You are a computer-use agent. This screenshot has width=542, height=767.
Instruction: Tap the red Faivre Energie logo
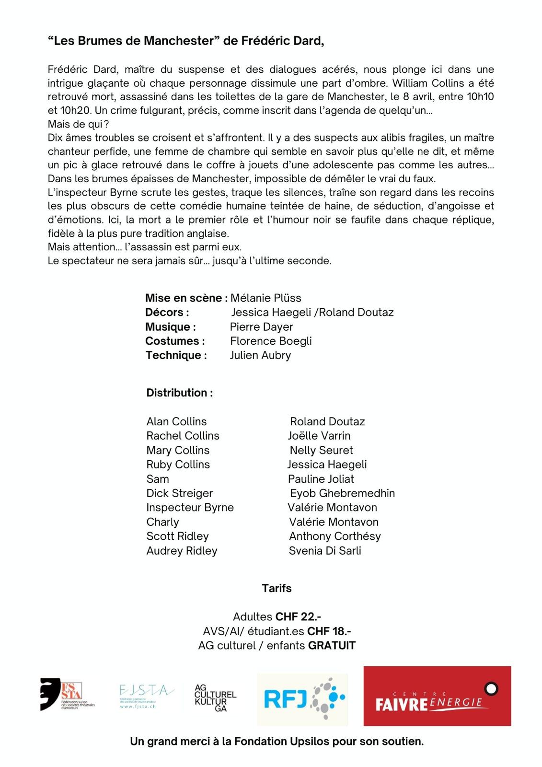[437, 696]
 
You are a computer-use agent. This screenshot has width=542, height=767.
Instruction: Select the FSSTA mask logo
[67, 694]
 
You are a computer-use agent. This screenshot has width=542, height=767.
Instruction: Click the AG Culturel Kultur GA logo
[215, 697]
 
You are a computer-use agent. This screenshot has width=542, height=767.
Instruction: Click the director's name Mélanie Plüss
[266, 298]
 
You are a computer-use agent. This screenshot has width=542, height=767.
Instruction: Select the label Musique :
[171, 327]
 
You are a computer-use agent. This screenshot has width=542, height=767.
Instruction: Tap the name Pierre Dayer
[261, 327]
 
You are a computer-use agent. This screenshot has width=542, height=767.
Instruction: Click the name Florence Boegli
[271, 341]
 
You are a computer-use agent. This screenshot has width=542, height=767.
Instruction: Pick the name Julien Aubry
[260, 355]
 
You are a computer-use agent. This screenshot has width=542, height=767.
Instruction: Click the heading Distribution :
[180, 393]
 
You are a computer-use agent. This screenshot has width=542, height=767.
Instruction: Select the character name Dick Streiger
[179, 493]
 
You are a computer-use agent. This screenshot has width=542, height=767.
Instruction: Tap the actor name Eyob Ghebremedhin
[342, 493]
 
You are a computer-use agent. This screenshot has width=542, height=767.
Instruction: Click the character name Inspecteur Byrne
[190, 507]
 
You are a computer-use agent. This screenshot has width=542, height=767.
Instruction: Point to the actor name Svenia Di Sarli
[325, 550]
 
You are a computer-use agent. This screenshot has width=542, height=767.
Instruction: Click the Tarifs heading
[277, 588]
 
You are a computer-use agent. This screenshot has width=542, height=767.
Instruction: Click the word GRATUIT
[332, 645]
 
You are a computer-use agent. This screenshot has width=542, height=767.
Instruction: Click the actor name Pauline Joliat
[321, 479]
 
